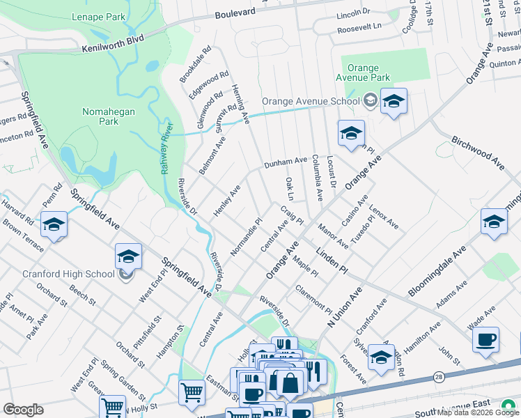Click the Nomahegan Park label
pyautogui.click(x=108, y=116)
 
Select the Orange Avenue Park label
pyautogui.click(x=366, y=72)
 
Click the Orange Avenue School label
pyautogui.click(x=310, y=100)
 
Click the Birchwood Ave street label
pyautogui.click(x=476, y=153)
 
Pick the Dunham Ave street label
pyautogui.click(x=285, y=163)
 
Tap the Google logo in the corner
pyautogui.click(x=23, y=410)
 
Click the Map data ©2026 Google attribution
pyautogui.click(x=478, y=412)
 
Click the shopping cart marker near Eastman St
pyautogui.click(x=191, y=392)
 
